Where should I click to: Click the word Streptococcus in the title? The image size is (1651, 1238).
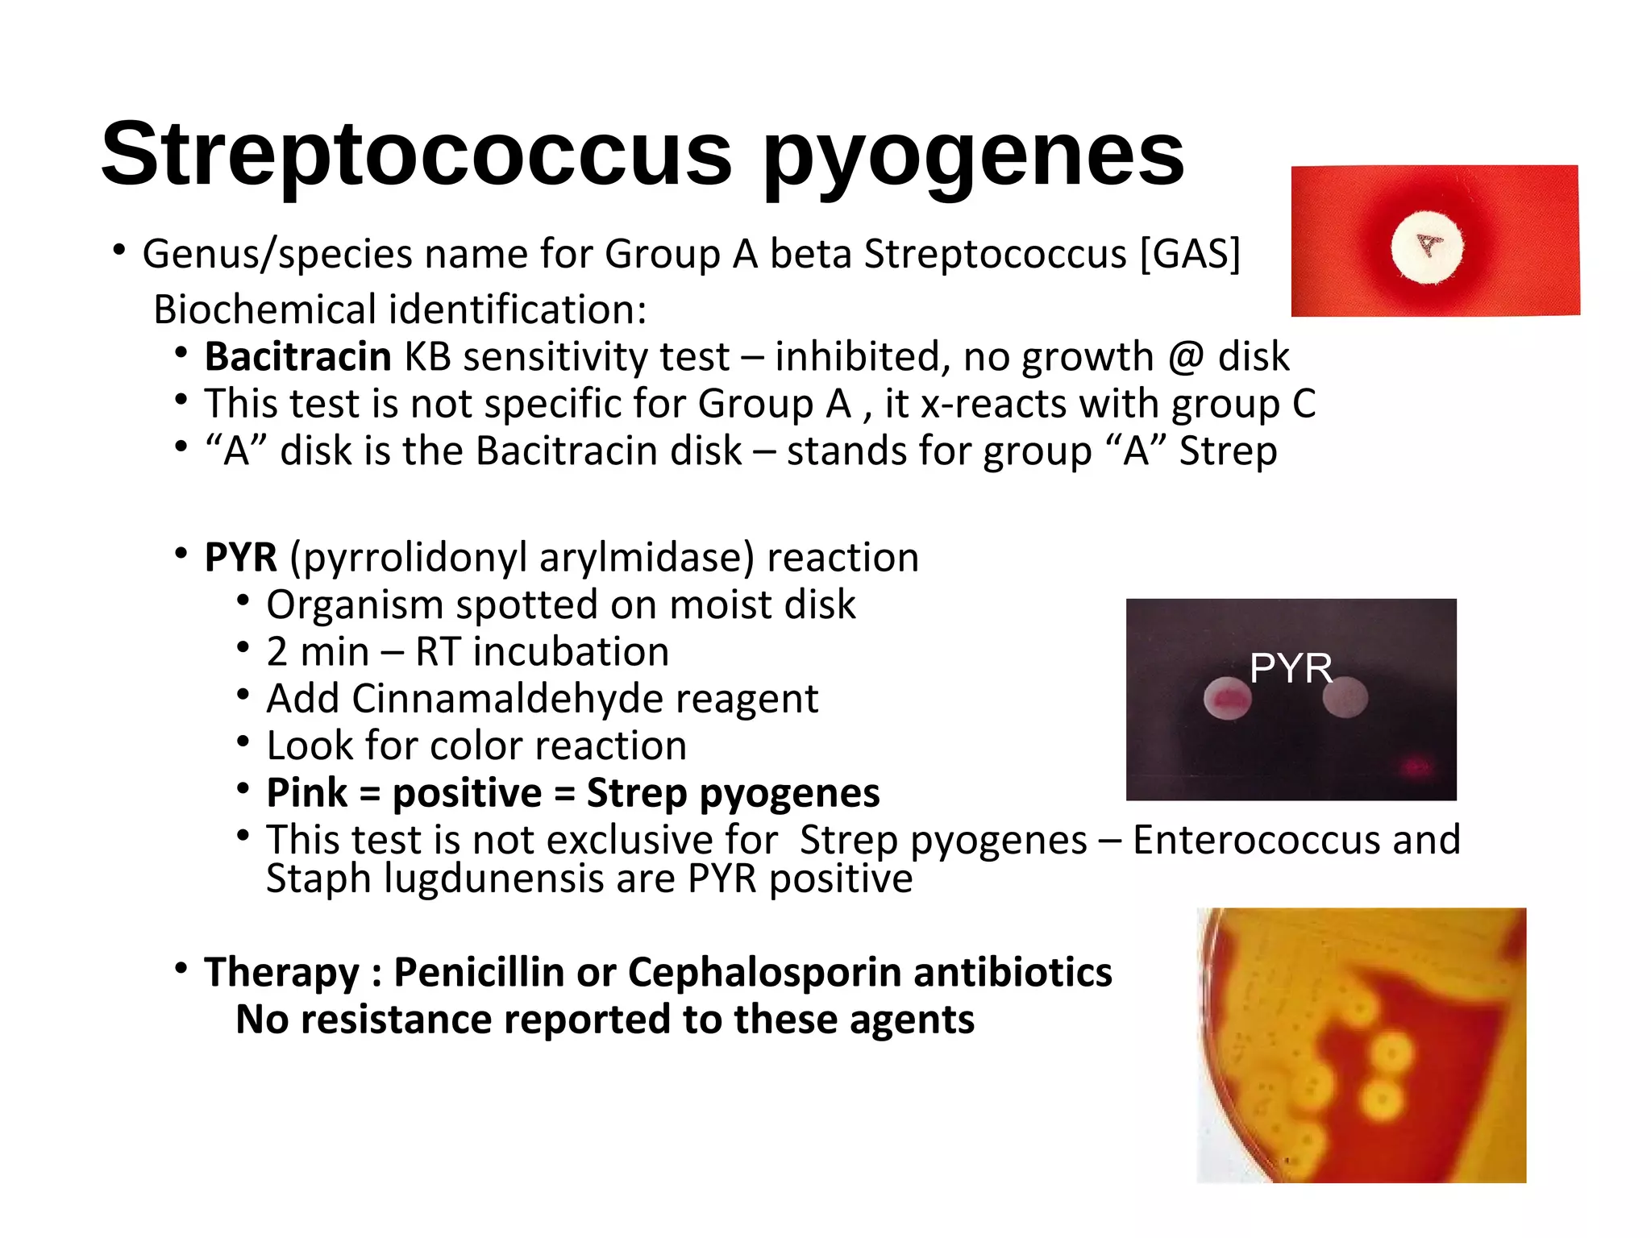click(416, 153)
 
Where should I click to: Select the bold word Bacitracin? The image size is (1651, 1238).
click(297, 356)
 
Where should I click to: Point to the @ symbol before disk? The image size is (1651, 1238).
click(1186, 357)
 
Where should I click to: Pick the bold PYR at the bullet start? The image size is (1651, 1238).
click(240, 557)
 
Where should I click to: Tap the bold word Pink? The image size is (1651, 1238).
click(307, 792)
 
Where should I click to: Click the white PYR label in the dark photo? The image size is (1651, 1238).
click(1291, 668)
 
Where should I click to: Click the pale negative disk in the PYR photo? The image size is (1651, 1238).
click(1345, 697)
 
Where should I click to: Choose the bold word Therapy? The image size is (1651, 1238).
click(281, 972)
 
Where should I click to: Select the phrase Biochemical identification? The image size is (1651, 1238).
click(400, 309)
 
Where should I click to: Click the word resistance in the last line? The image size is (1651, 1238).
click(395, 1020)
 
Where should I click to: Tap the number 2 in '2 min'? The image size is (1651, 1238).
click(277, 651)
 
